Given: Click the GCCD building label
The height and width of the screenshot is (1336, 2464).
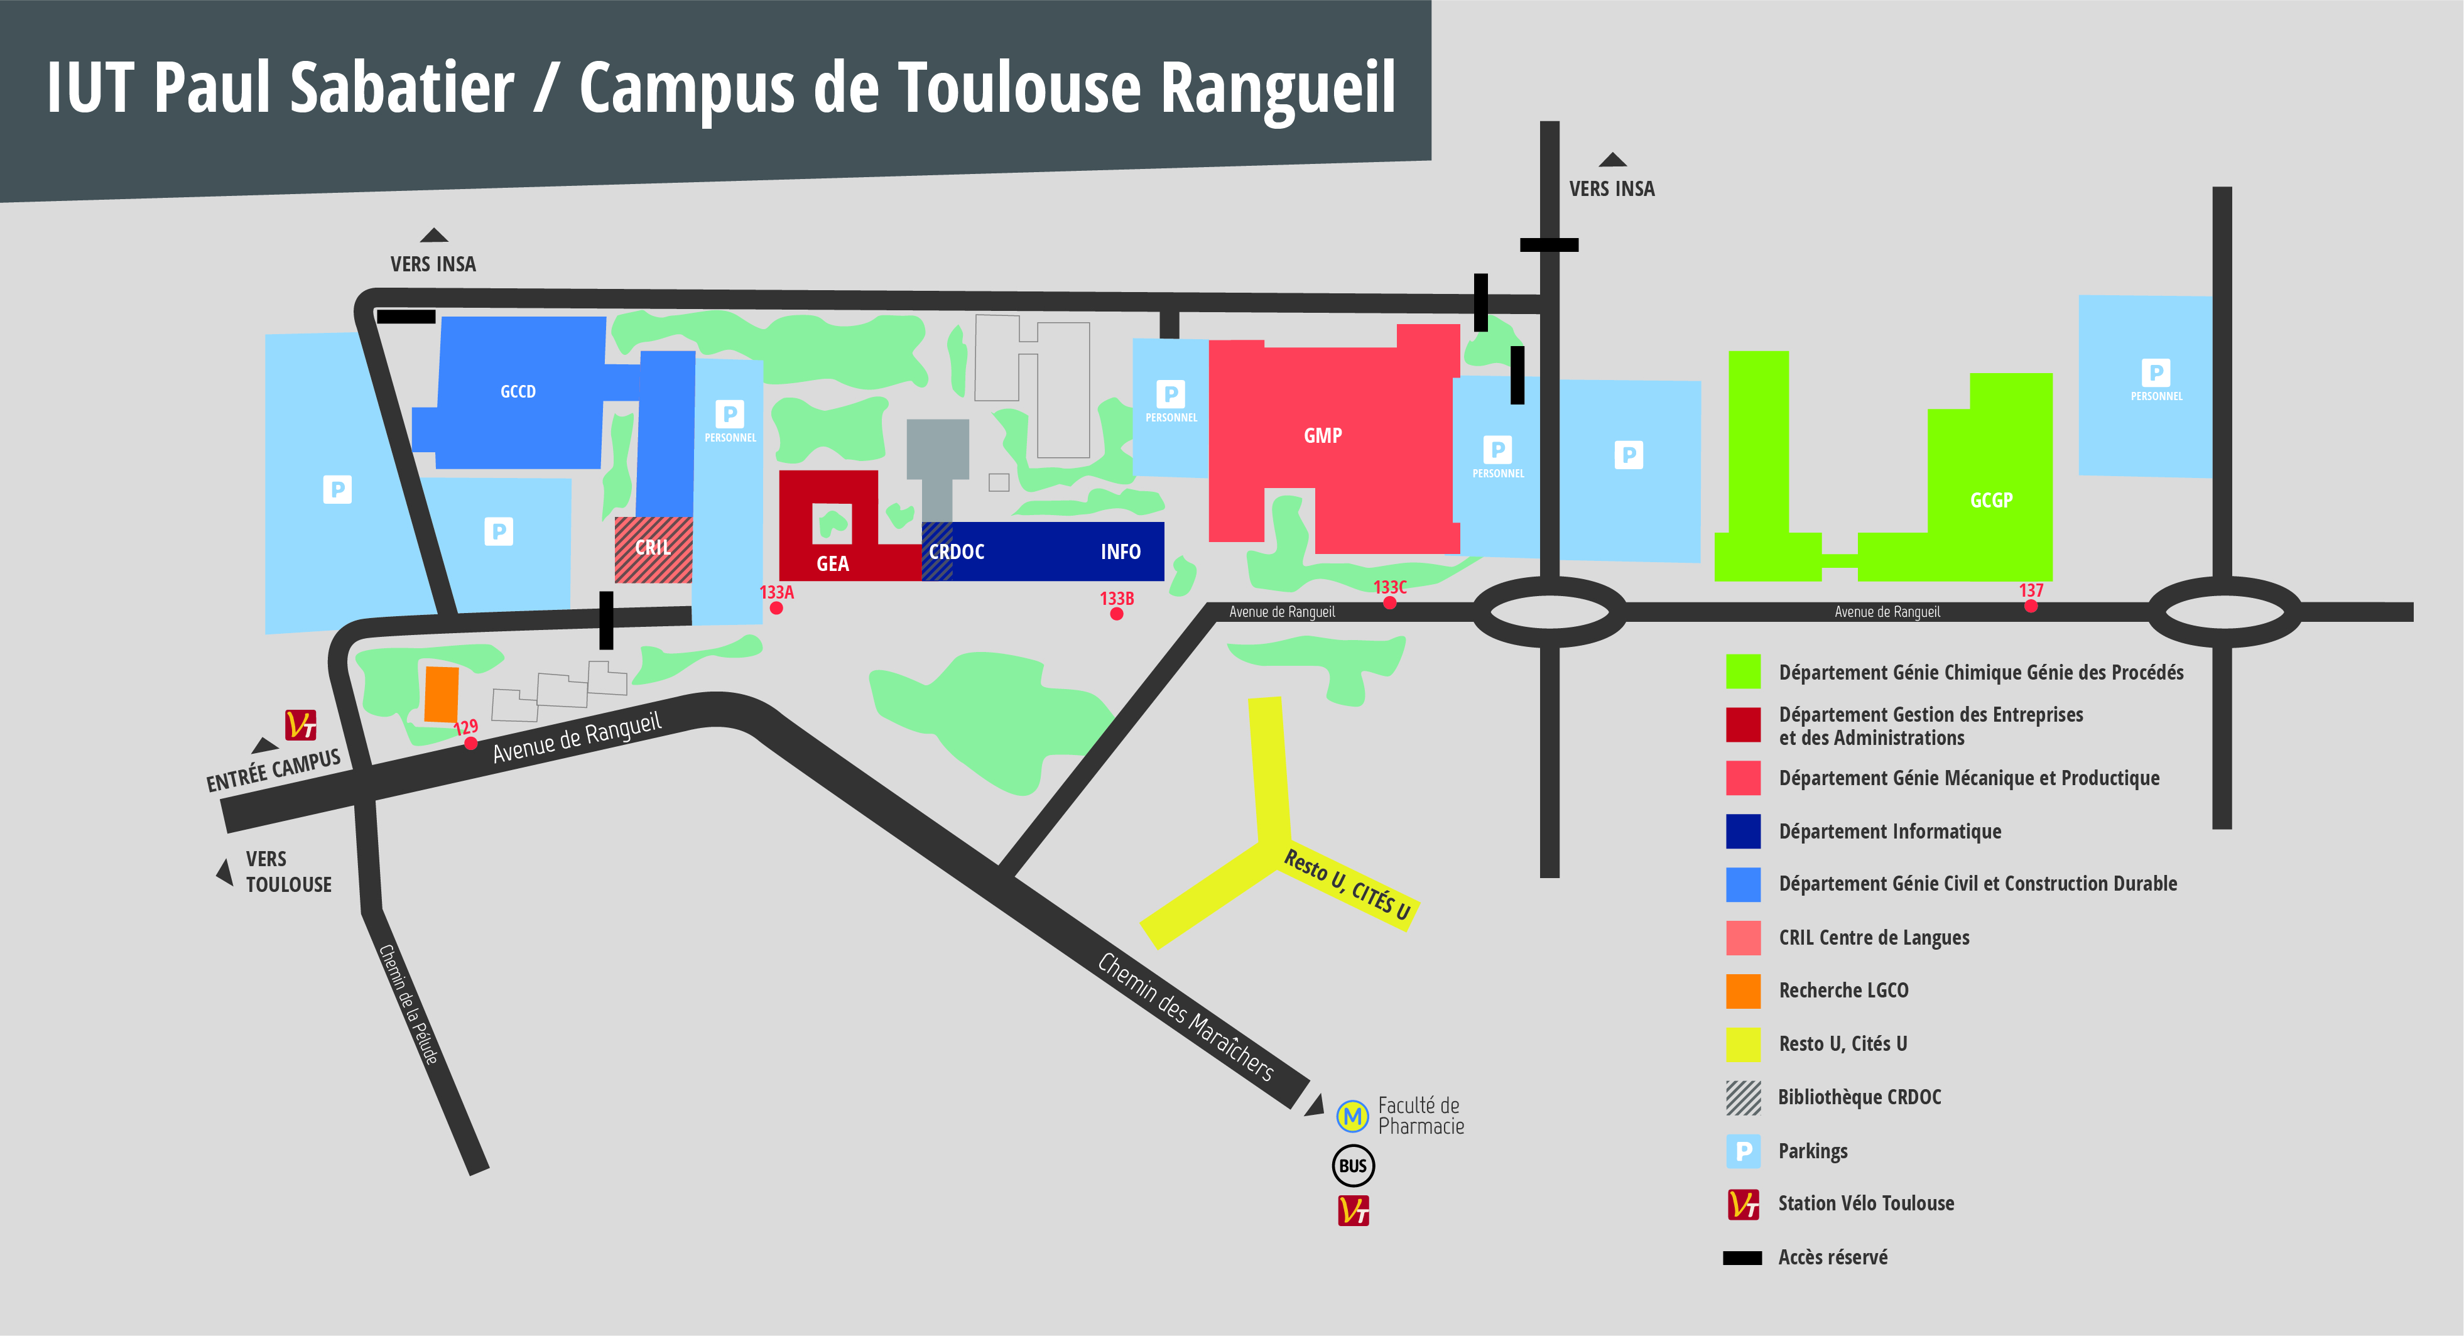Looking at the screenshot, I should [518, 391].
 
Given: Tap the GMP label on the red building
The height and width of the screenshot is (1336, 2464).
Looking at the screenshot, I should [1322, 436].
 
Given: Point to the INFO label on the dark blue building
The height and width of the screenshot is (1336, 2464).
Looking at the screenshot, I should [1119, 552].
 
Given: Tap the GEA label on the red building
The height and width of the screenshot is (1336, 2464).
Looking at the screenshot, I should [832, 563].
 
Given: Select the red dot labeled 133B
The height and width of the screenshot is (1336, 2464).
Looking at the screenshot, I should [1115, 614].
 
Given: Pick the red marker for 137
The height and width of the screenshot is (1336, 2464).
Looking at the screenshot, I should [2030, 606].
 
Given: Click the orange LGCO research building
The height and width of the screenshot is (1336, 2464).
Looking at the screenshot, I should [441, 693].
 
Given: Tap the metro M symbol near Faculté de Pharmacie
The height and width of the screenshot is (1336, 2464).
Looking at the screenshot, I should [1352, 1115].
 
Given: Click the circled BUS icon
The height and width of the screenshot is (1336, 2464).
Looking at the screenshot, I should [1352, 1166].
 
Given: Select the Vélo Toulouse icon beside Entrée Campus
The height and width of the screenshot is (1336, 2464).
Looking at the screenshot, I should [300, 725].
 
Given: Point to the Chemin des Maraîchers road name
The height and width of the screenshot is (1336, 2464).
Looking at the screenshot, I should [1185, 1016].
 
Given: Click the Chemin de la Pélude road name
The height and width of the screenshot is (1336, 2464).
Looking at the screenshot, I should [408, 1004].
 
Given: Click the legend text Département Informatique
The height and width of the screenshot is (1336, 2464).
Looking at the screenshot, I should [1889, 831].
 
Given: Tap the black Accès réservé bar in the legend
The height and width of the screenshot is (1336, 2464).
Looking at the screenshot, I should [1742, 1257].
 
